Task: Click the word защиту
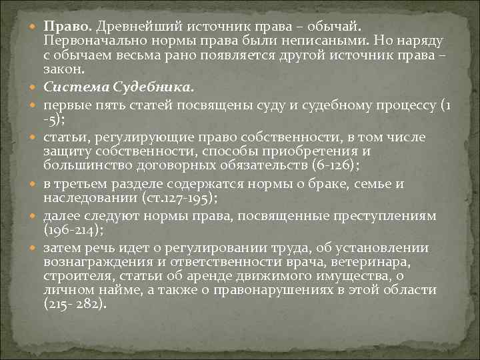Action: point(65,151)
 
